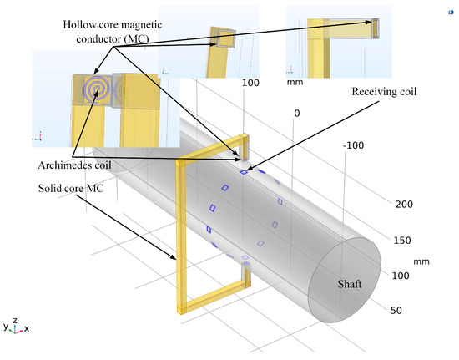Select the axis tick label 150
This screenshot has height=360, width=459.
(402, 241)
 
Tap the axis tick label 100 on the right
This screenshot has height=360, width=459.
(402, 275)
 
